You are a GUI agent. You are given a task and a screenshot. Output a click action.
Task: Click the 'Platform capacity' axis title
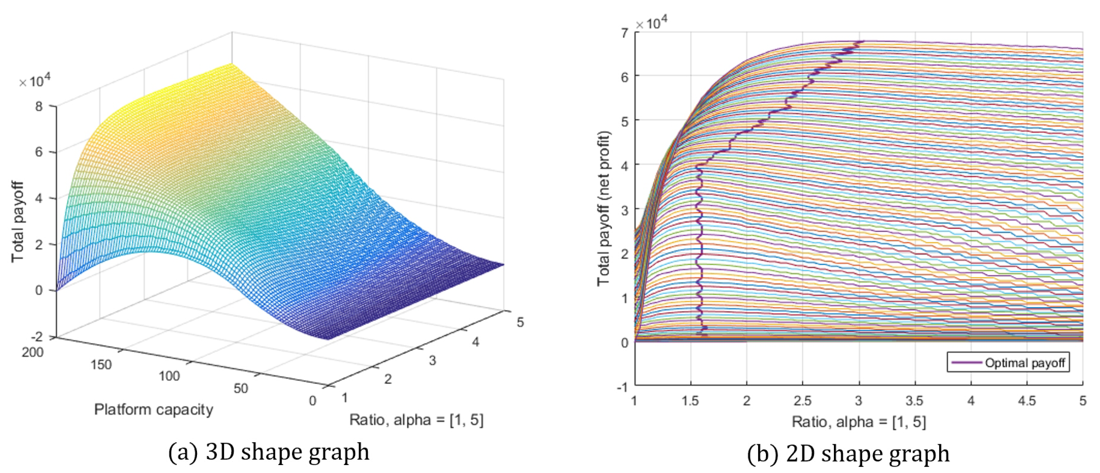coord(154,409)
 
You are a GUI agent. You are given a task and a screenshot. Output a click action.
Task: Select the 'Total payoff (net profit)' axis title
coord(604,208)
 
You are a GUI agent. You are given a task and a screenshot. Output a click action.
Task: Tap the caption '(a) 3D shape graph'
coord(269,452)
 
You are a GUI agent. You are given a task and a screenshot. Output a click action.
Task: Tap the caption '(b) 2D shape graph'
coord(848,453)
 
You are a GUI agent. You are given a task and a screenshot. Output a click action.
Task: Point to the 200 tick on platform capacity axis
coord(33,352)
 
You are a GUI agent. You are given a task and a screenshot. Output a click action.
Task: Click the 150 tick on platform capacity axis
coord(101,365)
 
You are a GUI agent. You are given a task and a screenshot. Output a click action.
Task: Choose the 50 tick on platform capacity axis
coord(240,388)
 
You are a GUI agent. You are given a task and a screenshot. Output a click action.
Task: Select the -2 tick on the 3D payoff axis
coord(37,337)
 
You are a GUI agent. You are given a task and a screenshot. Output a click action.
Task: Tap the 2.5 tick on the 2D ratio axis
coord(802,401)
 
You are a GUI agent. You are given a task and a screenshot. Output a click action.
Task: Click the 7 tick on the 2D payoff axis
coord(625,33)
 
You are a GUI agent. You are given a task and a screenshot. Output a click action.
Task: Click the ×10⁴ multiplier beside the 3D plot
coord(35,80)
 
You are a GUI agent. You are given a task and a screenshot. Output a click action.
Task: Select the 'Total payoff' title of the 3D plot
coord(17,222)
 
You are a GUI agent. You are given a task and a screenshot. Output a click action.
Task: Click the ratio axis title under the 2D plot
coord(859,422)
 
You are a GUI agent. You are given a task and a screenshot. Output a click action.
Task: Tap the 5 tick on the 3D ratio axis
coord(520,322)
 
